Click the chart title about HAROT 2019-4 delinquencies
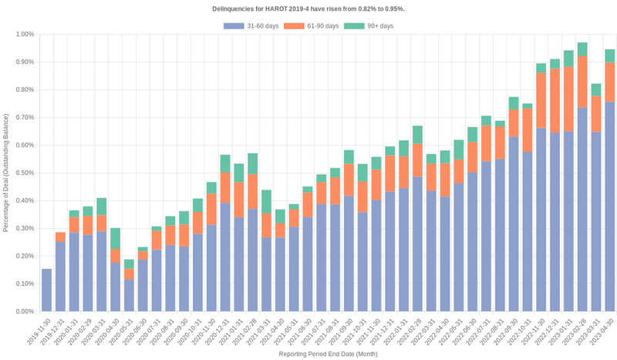[308, 8]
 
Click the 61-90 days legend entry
[311, 26]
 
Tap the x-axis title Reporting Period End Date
[328, 354]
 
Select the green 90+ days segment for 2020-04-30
[115, 238]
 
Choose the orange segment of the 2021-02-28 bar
[252, 191]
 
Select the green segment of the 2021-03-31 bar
[266, 202]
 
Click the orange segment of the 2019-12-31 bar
[60, 237]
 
